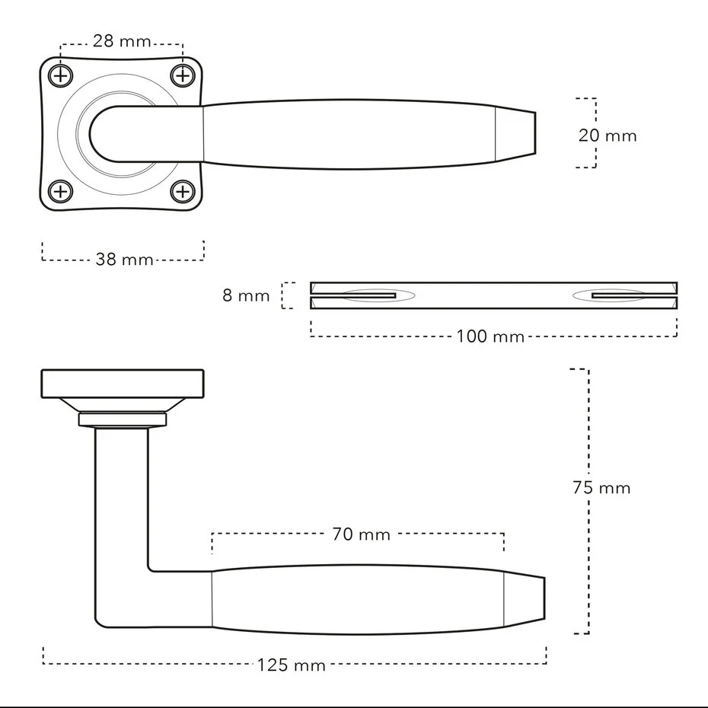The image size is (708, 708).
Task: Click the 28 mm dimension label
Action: click(122, 41)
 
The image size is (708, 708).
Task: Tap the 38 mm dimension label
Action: click(125, 259)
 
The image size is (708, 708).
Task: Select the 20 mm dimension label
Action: click(608, 136)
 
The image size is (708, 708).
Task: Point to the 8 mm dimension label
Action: click(246, 295)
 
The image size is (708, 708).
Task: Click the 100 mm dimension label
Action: click(490, 336)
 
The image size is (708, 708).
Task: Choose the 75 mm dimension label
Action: click(601, 488)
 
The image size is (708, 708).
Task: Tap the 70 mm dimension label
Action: click(361, 534)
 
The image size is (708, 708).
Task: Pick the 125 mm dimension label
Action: click(292, 665)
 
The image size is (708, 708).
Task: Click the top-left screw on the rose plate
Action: click(60, 75)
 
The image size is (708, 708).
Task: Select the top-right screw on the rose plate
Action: click(183, 75)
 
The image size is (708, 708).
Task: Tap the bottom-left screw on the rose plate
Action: click(60, 192)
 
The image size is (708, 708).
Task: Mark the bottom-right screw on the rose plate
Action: click(183, 192)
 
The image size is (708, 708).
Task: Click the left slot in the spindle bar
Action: click(368, 295)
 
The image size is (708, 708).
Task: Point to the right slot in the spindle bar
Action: click(620, 295)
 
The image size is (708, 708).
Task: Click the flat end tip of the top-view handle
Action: click(535, 133)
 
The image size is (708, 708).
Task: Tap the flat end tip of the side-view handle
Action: click(544, 598)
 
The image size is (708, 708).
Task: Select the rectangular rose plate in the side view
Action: click(123, 384)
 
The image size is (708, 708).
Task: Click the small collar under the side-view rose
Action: click(123, 419)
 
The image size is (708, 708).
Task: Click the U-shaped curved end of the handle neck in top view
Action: click(91, 134)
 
